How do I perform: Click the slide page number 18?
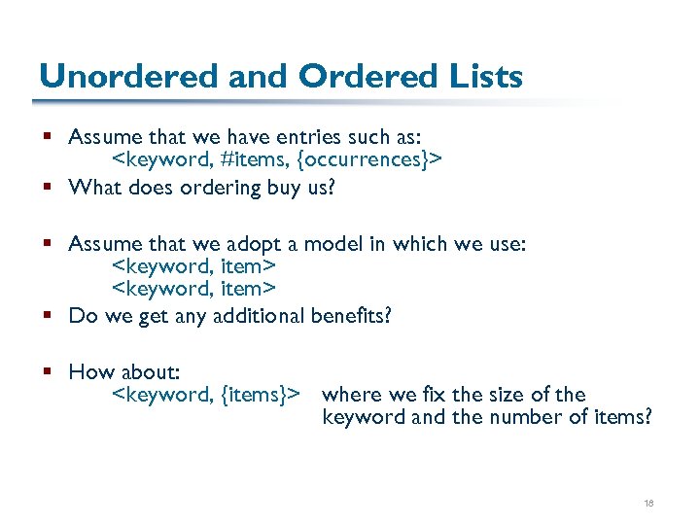[x=648, y=503]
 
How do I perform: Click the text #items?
[x=256, y=158]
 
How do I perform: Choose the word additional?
[x=254, y=316]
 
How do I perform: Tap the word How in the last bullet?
[x=91, y=372]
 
